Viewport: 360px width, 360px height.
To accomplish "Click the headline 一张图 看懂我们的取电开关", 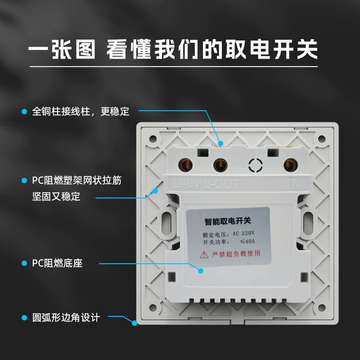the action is (173, 49).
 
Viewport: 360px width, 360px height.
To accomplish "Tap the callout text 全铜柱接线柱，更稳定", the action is (81, 112).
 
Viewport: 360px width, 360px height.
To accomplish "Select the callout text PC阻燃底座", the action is (57, 263).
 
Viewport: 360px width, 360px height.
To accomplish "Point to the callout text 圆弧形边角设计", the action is (66, 318).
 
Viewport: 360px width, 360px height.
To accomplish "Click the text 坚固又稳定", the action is (56, 197).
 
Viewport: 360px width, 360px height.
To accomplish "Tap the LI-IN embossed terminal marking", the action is (186, 184).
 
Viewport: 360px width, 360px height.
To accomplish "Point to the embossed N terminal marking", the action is (296, 184).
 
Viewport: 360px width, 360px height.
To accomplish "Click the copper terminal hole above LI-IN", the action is (185, 165).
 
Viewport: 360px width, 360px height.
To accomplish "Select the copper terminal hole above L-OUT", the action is (220, 165).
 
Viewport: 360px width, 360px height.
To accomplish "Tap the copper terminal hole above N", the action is (290, 165).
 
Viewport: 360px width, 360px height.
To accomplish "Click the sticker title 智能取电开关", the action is (228, 221).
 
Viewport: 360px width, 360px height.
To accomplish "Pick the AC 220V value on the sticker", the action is (243, 233).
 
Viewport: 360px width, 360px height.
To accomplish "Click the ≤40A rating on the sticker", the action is (247, 241).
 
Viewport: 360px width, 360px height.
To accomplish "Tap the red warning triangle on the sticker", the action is (204, 255).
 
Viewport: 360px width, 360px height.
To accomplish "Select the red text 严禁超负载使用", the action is (236, 254).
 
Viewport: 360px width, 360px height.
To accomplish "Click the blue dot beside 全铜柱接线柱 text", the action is (24, 112).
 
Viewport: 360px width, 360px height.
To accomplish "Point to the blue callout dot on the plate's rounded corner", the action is (135, 323).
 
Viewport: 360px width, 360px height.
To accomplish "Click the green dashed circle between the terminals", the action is (255, 165).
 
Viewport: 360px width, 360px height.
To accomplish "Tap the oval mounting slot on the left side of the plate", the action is (166, 223).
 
